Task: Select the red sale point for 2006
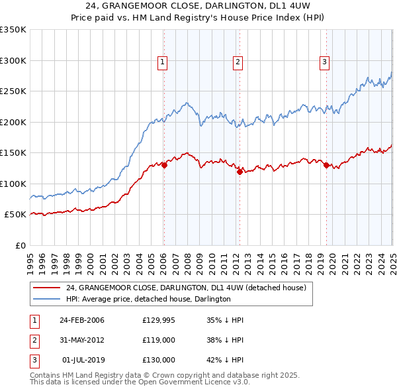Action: point(164,166)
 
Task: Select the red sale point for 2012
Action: point(240,172)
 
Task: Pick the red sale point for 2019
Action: point(326,165)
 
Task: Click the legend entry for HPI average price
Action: point(148,299)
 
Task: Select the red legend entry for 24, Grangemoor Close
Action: point(185,288)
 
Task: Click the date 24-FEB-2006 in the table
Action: point(81,320)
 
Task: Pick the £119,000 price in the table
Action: point(159,340)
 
